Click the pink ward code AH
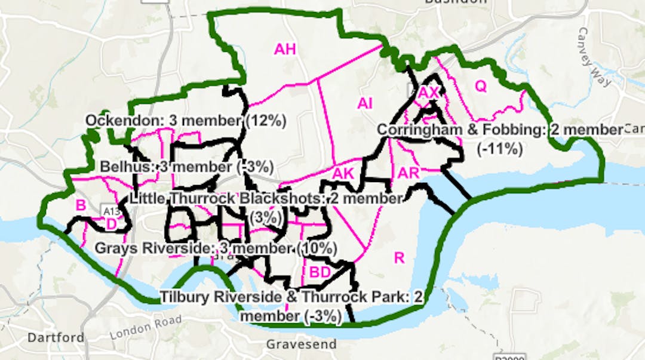pyautogui.click(x=285, y=49)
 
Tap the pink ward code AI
pyautogui.click(x=365, y=103)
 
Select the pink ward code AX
pyautogui.click(x=428, y=93)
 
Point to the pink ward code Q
pyautogui.click(x=481, y=86)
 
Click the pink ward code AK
pyautogui.click(x=343, y=173)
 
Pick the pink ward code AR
pyautogui.click(x=408, y=173)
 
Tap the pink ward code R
pyautogui.click(x=400, y=258)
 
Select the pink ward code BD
pyautogui.click(x=320, y=272)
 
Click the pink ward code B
pyautogui.click(x=81, y=205)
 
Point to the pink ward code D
pyautogui.click(x=111, y=224)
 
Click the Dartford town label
pyautogui.click(x=56, y=337)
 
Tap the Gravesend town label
pyautogui.click(x=301, y=344)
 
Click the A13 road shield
pyautogui.click(x=111, y=211)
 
